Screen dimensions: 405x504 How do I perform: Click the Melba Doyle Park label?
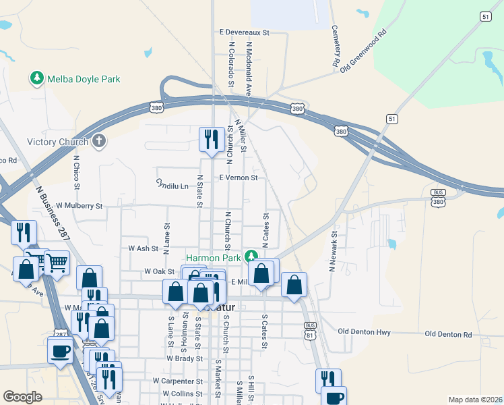pos(84,79)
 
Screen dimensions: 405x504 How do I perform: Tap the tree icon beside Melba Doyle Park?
pos(36,79)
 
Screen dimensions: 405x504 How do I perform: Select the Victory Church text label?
pos(57,142)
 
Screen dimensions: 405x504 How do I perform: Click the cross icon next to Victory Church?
pos(99,141)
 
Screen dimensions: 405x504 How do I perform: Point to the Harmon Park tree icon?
pos(251,256)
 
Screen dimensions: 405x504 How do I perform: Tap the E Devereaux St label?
pos(244,32)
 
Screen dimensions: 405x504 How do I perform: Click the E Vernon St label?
pos(239,178)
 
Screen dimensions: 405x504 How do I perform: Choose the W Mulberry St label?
pos(80,205)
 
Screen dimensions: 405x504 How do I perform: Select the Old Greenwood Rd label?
pos(363,51)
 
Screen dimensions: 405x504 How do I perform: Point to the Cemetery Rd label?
pos(335,46)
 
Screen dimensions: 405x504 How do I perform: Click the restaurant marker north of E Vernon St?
pos(212,139)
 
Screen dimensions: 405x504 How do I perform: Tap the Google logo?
pos(22,397)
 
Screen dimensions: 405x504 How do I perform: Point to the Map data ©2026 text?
pos(474,400)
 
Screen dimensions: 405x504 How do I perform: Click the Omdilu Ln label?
pos(172,184)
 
